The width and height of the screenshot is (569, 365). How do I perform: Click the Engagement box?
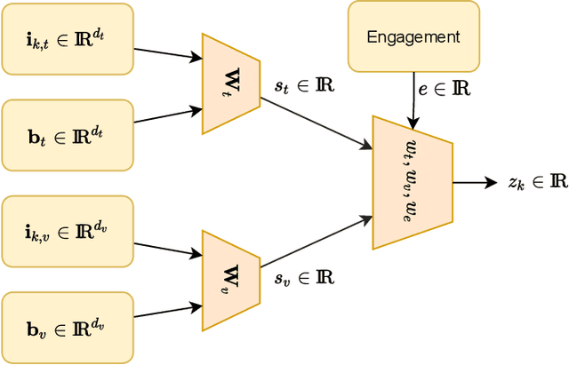413,36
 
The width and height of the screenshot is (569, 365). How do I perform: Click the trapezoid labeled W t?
230,84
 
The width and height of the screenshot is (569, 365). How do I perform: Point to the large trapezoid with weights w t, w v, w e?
412,182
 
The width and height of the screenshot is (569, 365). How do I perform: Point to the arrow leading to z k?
476,182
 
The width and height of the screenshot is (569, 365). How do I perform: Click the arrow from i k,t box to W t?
168,52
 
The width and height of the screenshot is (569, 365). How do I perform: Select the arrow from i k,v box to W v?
168,246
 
